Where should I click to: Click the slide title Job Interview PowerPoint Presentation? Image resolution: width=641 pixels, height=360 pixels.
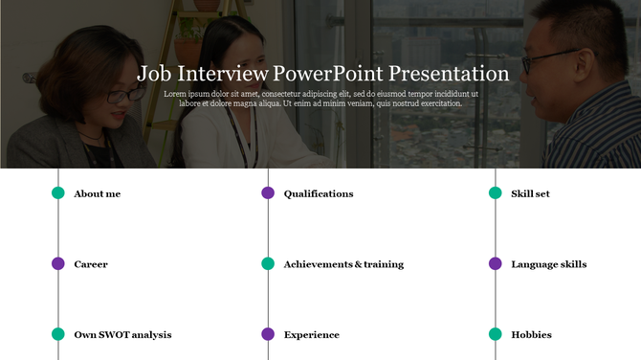click(x=322, y=73)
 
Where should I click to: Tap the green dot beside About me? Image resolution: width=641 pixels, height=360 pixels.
click(x=58, y=193)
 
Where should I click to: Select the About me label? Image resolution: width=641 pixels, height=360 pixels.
click(x=97, y=193)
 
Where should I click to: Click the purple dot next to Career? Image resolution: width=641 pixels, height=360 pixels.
click(x=58, y=263)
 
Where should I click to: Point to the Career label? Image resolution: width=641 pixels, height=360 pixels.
click(x=91, y=264)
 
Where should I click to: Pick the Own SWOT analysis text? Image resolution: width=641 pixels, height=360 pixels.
click(x=122, y=335)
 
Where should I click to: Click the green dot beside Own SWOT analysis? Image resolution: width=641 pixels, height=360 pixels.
click(x=58, y=334)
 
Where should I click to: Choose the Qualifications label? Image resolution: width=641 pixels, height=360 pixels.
click(x=319, y=193)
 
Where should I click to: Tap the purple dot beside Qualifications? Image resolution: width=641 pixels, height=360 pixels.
click(x=268, y=193)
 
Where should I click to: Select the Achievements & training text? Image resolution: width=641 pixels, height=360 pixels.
click(x=343, y=264)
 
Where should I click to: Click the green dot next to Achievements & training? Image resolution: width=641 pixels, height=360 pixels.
click(x=268, y=263)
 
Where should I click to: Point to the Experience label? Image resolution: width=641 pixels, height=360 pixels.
click(x=311, y=335)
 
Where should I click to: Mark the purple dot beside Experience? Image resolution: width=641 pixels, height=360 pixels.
click(x=268, y=334)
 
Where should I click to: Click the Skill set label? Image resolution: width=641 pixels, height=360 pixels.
click(x=530, y=193)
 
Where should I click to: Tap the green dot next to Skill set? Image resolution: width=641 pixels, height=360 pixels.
click(x=496, y=193)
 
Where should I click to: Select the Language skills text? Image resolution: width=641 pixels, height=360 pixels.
click(x=548, y=264)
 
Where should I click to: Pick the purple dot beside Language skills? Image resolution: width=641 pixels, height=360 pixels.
click(x=496, y=263)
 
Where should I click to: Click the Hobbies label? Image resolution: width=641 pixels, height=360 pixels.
click(x=531, y=335)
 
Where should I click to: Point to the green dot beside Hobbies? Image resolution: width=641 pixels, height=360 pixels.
click(x=496, y=334)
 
